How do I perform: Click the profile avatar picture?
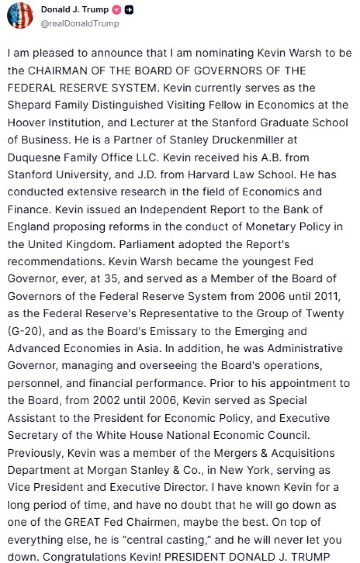(x=20, y=15)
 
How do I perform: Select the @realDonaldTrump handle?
(x=80, y=24)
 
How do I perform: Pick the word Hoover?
(x=25, y=123)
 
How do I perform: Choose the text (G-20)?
(x=25, y=331)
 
